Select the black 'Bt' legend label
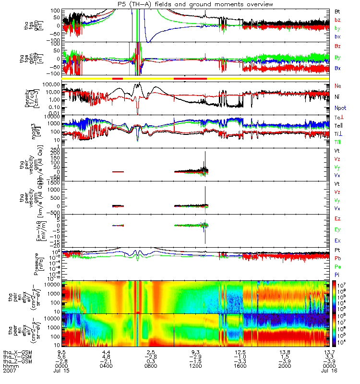(x=338, y=11)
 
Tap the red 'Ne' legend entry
(x=338, y=85)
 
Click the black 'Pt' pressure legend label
(x=338, y=251)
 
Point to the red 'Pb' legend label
(x=338, y=259)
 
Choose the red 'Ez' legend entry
(x=338, y=218)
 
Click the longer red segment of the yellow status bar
(x=190, y=78)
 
